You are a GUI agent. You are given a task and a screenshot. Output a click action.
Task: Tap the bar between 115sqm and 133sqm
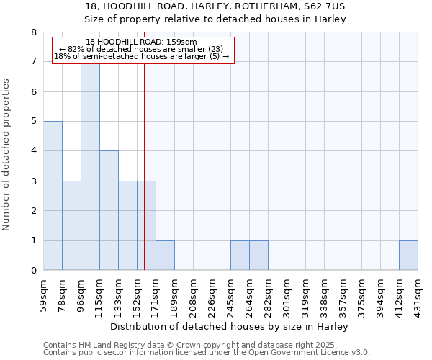click(109, 210)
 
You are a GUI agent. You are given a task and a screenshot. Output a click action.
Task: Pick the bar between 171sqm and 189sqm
click(165, 256)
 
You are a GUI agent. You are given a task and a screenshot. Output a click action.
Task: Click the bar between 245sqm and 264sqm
click(240, 256)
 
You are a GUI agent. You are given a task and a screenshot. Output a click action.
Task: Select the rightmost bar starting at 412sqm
click(408, 256)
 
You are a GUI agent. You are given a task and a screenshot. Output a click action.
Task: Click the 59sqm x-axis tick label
click(43, 294)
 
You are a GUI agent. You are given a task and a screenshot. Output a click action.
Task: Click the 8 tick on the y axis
click(33, 32)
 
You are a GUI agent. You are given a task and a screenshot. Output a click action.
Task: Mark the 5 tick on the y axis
click(33, 122)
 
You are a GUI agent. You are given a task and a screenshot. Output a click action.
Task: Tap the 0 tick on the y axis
click(33, 271)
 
